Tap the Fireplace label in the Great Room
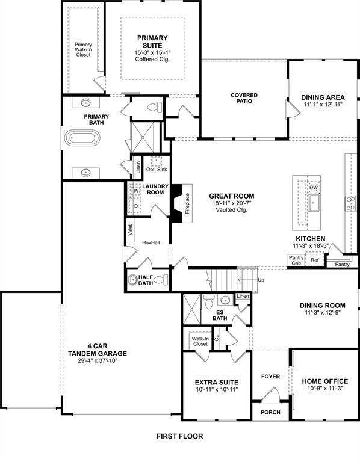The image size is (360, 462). point(188,204)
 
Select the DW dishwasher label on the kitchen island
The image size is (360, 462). point(313,188)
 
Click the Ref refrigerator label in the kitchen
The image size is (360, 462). point(314,260)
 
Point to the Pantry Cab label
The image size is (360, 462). point(296,260)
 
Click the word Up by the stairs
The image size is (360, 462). point(260,280)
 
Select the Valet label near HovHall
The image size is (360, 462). point(129,230)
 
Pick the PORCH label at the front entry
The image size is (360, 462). point(270,412)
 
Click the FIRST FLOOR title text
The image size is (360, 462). point(180,436)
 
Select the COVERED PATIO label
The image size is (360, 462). point(244,98)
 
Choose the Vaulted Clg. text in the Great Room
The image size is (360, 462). point(232,211)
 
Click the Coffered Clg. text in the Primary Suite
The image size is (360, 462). point(152,60)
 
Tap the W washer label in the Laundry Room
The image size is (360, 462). point(136,191)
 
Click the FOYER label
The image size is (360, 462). point(270,377)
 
